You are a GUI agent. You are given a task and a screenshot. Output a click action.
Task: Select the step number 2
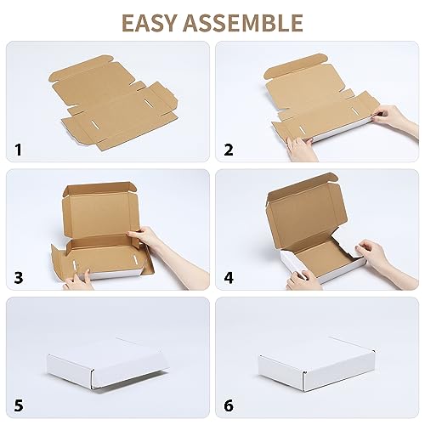[x=227, y=151]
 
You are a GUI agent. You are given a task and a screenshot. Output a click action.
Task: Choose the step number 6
[x=227, y=405]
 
